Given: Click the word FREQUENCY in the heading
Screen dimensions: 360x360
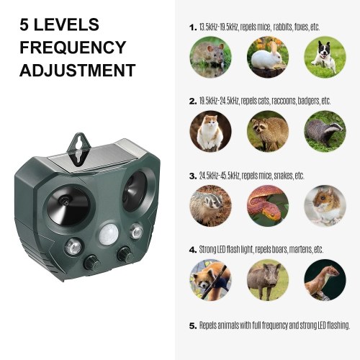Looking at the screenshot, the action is [x=73, y=48].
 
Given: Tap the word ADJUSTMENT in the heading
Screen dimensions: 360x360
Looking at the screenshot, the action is [x=78, y=70].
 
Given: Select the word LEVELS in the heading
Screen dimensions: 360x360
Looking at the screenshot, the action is [x=66, y=24].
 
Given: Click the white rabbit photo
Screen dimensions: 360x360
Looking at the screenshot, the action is [x=268, y=57].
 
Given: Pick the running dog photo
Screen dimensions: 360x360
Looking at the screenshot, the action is [x=325, y=57].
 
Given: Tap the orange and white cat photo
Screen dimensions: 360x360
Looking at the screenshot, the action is [x=210, y=131].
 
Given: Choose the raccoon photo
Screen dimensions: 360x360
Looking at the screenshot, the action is [x=268, y=131].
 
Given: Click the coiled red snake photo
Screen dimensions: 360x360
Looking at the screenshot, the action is [x=268, y=206].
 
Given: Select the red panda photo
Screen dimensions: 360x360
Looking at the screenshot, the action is [x=210, y=280].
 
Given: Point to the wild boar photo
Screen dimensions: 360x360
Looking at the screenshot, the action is [x=268, y=280].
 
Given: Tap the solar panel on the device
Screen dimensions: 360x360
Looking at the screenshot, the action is [x=97, y=156].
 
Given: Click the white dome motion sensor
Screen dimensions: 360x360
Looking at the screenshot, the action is [x=109, y=234].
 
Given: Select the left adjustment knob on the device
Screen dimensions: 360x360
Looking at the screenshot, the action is [x=91, y=262].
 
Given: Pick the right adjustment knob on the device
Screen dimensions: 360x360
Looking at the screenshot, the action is [x=125, y=254].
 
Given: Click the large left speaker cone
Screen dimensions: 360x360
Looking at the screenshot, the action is [x=68, y=206].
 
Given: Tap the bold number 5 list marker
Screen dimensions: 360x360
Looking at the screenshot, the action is [x=192, y=326].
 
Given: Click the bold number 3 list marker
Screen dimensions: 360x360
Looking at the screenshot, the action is [x=192, y=176].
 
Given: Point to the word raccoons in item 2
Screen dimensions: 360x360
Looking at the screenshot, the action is [x=284, y=101].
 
